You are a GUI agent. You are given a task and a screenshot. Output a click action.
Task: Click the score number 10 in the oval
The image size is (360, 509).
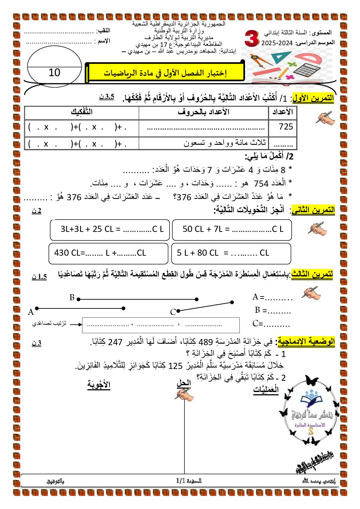point(54,72)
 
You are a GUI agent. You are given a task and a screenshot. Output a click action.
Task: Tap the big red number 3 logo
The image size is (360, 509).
point(251,38)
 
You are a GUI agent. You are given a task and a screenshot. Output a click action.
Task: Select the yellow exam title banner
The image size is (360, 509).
point(165,73)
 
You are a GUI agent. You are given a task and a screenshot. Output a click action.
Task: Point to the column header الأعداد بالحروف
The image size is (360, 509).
point(203,112)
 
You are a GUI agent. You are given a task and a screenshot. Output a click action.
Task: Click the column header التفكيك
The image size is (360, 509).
point(82,112)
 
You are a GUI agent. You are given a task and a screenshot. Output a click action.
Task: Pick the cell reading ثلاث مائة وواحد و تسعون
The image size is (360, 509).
point(225,143)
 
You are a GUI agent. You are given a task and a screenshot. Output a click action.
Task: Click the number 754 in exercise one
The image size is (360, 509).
point(261,184)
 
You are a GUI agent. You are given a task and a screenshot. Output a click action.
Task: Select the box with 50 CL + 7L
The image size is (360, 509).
point(232,230)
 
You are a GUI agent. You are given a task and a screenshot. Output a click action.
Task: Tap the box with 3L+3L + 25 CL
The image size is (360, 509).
point(111,230)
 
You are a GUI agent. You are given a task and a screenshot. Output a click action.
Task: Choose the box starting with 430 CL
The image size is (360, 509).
point(109,253)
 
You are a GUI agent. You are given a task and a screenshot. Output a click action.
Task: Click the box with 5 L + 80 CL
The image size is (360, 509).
point(231,253)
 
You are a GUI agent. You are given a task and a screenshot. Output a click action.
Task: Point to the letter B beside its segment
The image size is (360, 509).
point(72,298)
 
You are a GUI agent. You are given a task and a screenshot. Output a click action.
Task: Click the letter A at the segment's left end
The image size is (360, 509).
point(31,312)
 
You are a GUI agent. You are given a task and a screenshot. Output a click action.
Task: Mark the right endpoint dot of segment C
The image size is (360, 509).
point(232,302)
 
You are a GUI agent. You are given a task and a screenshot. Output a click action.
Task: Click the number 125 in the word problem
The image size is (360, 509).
point(175,366)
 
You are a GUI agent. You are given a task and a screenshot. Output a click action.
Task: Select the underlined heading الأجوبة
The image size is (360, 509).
point(99,385)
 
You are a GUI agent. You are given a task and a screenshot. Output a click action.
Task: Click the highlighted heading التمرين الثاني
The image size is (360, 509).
point(313,210)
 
